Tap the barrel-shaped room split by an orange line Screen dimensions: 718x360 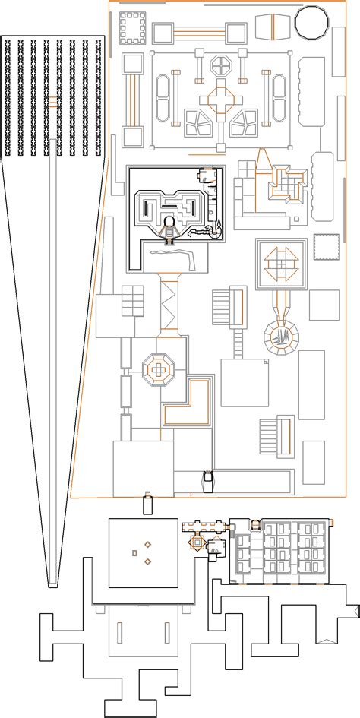pos(270,27)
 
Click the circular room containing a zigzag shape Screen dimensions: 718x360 pos(283,335)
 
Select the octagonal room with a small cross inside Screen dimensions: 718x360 pos(159,369)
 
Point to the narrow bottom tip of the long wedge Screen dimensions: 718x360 pos(52,584)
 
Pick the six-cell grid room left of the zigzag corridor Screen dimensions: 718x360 pos(132,302)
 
